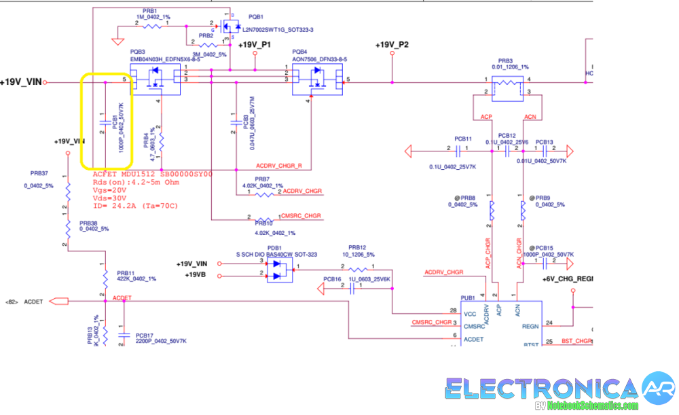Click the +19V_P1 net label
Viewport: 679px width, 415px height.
coord(255,45)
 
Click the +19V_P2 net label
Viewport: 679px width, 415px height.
coord(392,45)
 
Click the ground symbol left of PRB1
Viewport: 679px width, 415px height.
coord(120,34)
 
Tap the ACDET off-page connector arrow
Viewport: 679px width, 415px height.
coord(58,301)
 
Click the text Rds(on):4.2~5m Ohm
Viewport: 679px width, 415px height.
coord(135,182)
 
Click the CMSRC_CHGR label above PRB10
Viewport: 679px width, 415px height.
coord(301,215)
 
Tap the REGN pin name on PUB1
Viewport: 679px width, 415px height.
coord(530,326)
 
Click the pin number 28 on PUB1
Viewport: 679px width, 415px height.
coord(452,310)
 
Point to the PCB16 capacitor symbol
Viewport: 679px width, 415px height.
coord(352,287)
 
